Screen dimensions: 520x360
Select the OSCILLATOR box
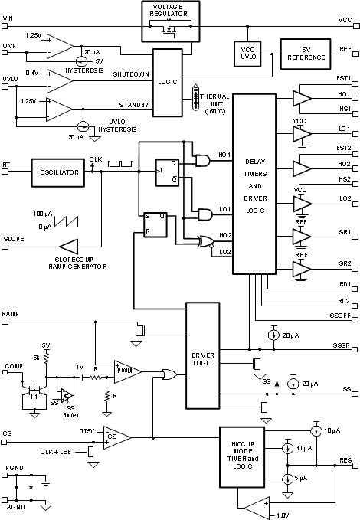pyautogui.click(x=55, y=172)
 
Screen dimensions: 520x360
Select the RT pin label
pyautogui.click(x=6, y=164)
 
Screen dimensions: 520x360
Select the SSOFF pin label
pyautogui.click(x=341, y=315)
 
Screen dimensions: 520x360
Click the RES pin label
pyautogui.click(x=345, y=460)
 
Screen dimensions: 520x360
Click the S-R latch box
pyautogui.click(x=156, y=224)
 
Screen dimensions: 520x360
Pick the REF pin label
pyautogui.click(x=345, y=47)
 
